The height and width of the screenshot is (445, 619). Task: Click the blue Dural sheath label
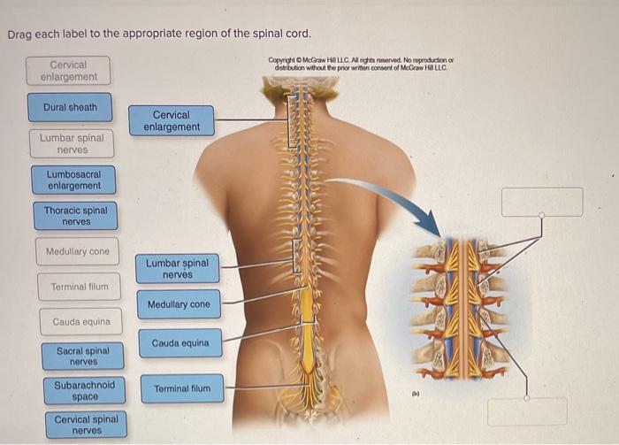(x=70, y=107)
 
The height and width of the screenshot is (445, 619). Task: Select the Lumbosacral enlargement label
(x=73, y=180)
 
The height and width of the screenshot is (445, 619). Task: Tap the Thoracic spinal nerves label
(x=76, y=216)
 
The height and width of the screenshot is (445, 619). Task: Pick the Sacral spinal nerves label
(x=83, y=357)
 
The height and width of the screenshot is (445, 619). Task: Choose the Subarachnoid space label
(x=85, y=391)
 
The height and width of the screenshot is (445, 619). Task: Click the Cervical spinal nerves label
(x=87, y=425)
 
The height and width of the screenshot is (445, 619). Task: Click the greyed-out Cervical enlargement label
(x=68, y=71)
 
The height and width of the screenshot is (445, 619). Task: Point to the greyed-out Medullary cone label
(x=78, y=251)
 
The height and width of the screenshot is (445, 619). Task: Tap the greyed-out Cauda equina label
(x=81, y=322)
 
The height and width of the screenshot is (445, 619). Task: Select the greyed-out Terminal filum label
(x=79, y=287)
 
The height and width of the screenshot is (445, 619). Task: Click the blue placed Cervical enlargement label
(x=172, y=121)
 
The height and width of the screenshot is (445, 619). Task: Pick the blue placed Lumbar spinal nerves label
(x=177, y=268)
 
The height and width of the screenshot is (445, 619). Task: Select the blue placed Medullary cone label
(x=179, y=304)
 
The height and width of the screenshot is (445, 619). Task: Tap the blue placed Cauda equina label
(x=180, y=343)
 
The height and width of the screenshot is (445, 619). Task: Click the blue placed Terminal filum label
(x=182, y=389)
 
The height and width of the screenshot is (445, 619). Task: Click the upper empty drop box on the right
(x=542, y=202)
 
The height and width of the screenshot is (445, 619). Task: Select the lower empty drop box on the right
(x=527, y=412)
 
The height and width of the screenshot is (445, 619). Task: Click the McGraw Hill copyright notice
(x=361, y=64)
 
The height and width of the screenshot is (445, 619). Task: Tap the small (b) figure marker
(x=416, y=394)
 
